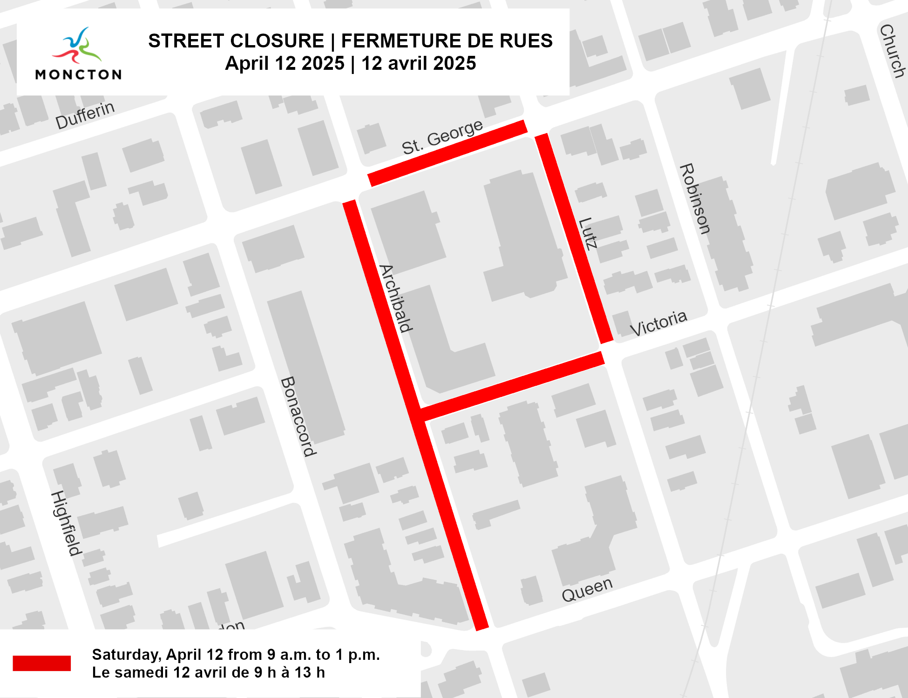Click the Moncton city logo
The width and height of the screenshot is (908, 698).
[x=78, y=54]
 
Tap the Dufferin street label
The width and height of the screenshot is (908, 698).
[x=85, y=115]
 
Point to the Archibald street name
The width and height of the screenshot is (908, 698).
[x=396, y=298]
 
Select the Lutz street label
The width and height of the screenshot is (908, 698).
[x=588, y=234]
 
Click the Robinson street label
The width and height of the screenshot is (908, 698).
[x=695, y=199]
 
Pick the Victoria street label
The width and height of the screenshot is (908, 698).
[x=658, y=323]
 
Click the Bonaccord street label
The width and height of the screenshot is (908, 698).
[x=298, y=416]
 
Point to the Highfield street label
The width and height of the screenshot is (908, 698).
[x=66, y=523]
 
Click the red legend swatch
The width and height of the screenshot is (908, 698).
[x=41, y=663]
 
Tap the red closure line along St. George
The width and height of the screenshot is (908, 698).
[x=447, y=153]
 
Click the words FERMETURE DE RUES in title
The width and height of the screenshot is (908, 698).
[x=447, y=41]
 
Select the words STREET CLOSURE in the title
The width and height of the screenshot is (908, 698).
[x=236, y=41]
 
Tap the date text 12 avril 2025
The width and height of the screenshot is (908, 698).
[x=419, y=63]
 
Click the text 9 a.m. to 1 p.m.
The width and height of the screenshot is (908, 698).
[x=324, y=655]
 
